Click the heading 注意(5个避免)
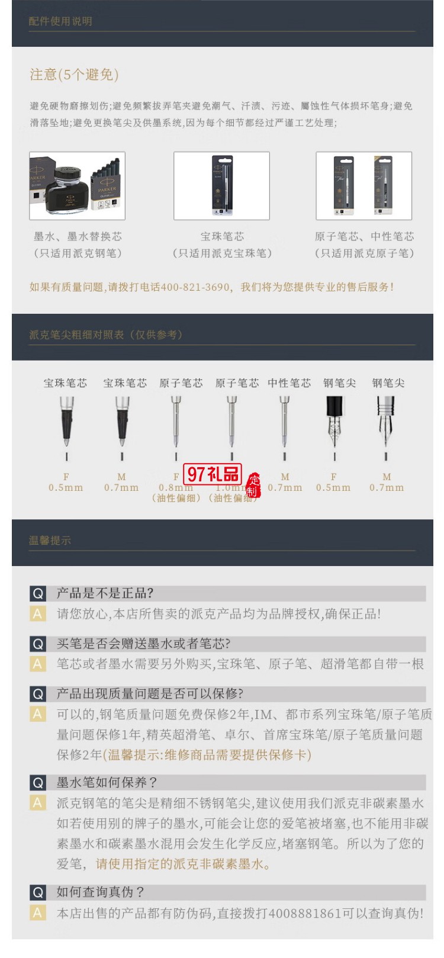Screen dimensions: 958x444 75,75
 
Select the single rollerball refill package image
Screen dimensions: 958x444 221,186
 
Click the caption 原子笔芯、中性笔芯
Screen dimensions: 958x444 364,236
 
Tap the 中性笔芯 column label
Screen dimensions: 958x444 289,383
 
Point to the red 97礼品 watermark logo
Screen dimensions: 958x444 214,474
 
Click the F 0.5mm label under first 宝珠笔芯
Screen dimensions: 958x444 66,483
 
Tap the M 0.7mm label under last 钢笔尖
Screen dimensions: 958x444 387,483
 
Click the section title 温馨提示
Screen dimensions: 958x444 50,541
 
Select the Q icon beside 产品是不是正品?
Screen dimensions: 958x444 38,593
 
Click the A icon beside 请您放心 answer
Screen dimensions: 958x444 38,614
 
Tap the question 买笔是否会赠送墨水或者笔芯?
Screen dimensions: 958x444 143,644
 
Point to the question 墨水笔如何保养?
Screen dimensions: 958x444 107,782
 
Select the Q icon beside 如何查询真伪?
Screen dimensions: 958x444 38,892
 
